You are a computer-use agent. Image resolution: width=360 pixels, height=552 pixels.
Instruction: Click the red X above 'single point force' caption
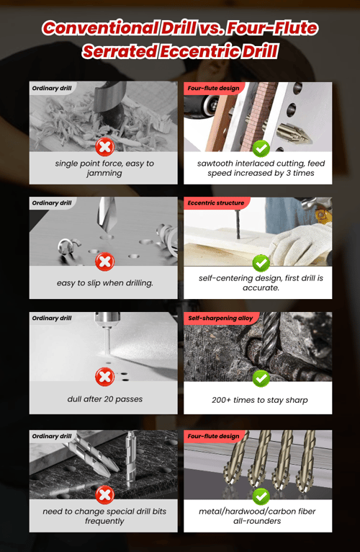104,146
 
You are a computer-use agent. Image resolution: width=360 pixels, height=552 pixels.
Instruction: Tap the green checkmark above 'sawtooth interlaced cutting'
261,148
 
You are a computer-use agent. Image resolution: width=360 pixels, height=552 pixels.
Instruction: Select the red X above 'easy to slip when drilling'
104,262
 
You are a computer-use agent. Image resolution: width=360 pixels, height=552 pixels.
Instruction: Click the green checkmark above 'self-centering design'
261,263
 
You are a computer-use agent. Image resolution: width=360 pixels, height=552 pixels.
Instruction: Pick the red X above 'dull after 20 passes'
104,377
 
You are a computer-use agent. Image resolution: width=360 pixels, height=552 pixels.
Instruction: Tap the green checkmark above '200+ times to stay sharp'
261,378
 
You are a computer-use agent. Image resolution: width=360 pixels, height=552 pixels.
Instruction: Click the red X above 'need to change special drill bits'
104,494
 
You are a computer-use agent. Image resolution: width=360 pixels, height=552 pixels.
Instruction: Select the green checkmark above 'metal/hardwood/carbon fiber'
261,497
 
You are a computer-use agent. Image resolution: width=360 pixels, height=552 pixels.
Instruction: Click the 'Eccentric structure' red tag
216,202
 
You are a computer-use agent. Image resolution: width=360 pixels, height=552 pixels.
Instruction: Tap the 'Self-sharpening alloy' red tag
220,319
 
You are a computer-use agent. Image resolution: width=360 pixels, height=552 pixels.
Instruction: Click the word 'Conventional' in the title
100,28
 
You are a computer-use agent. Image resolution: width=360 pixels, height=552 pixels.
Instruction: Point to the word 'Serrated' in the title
120,51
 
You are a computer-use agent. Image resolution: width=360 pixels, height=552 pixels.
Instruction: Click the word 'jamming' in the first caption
104,173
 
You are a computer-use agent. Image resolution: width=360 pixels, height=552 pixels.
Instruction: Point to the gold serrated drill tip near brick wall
293,134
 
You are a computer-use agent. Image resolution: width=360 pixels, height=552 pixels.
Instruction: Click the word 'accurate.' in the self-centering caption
261,288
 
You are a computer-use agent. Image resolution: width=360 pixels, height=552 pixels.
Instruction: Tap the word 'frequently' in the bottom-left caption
104,521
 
